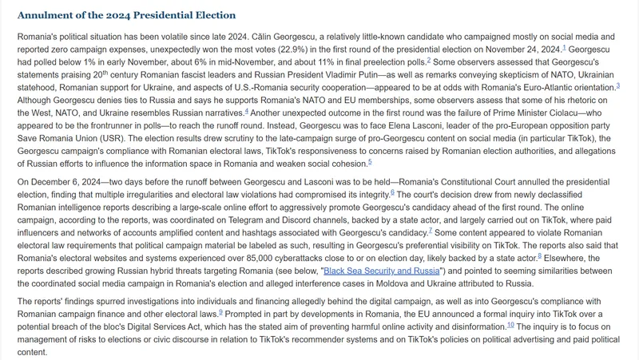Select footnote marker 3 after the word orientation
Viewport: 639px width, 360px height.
click(x=617, y=85)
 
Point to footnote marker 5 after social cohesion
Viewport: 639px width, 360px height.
click(x=370, y=162)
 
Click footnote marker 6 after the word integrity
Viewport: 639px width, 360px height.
click(x=393, y=192)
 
